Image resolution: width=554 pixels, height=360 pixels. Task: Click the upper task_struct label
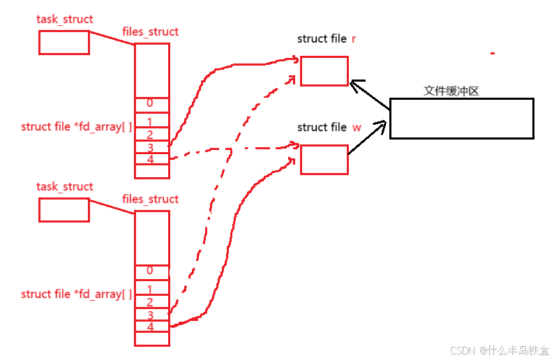point(65,19)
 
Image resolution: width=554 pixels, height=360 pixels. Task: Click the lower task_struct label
point(65,187)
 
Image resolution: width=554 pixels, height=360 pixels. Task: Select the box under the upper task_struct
point(63,42)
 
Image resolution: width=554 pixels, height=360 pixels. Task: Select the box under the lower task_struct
point(63,210)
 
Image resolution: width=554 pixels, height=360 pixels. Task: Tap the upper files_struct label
point(151,32)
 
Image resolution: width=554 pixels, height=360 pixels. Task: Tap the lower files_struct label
point(151,200)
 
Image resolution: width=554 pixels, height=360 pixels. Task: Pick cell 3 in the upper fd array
point(151,147)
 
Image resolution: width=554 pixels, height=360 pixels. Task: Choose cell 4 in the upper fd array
point(151,160)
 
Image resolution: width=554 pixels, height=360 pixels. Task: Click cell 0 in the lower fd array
point(151,271)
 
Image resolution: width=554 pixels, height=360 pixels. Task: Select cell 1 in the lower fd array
point(151,289)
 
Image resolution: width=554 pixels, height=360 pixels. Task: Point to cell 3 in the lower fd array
point(151,315)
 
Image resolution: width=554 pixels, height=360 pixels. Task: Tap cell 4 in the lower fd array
point(151,326)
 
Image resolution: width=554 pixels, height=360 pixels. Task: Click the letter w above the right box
point(357,128)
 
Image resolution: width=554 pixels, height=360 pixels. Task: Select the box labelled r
point(324,70)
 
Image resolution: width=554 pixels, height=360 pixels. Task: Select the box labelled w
point(324,159)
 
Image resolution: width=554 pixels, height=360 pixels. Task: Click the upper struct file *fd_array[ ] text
point(76,127)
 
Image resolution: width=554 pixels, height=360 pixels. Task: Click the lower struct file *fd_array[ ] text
point(76,294)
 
